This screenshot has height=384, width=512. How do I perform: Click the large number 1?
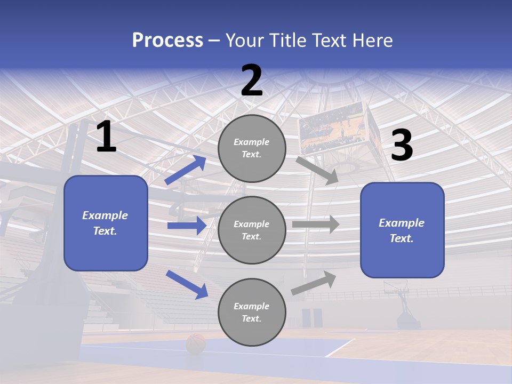tap(106, 138)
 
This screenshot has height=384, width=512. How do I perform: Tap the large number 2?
tap(252, 81)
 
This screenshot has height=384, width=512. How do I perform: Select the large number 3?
tap(402, 146)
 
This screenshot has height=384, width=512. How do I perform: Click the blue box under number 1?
tap(106, 223)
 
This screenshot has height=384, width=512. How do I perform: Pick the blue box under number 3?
tap(402, 230)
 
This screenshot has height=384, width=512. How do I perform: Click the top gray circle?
tap(252, 148)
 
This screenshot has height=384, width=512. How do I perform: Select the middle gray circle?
tap(252, 230)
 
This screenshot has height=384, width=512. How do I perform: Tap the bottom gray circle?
tap(252, 312)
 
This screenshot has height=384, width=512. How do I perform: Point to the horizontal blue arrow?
tap(187, 226)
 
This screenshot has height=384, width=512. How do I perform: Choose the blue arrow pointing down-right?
tap(187, 284)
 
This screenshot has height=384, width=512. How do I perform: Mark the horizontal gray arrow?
tap(316, 225)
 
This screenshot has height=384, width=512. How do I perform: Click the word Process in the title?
tap(167, 41)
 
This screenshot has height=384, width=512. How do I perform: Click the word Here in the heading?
tap(371, 41)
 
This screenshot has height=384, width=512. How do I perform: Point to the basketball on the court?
tap(196, 344)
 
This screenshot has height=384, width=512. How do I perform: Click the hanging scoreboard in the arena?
tap(331, 129)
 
